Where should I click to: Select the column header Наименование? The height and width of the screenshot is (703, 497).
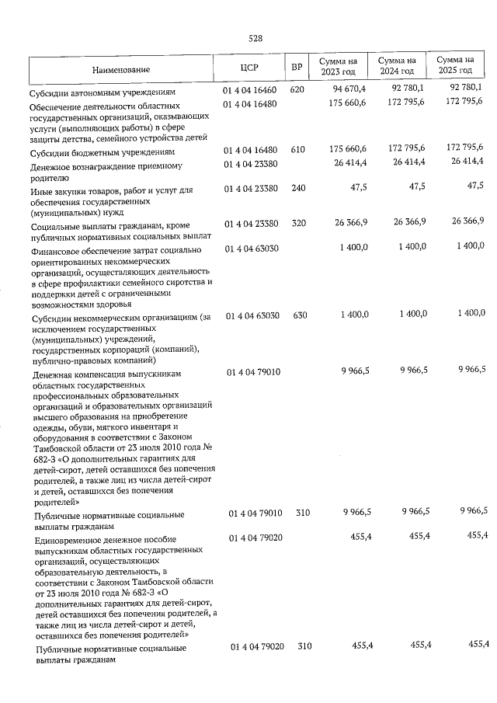click(x=121, y=70)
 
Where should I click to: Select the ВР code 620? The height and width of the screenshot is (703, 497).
click(x=296, y=89)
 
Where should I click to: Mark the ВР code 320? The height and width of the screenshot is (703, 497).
click(x=296, y=224)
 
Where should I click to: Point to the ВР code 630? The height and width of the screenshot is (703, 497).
click(x=296, y=315)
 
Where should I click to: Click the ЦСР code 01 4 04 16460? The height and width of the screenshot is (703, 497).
click(x=251, y=89)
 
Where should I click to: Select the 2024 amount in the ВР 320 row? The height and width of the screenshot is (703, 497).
click(x=409, y=224)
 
